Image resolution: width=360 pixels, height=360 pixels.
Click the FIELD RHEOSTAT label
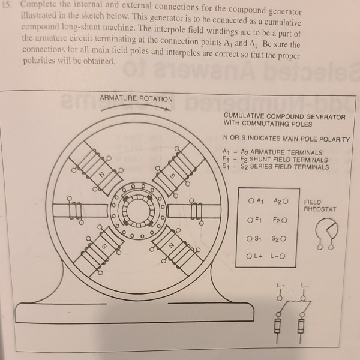(320, 206)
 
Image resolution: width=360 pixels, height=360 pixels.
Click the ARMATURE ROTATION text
(136, 98)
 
